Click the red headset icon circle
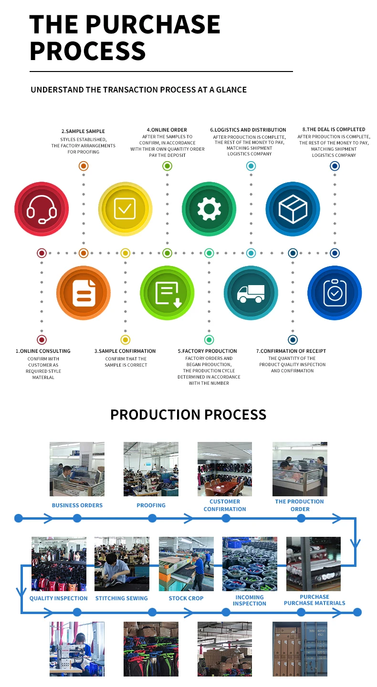click(x=42, y=209)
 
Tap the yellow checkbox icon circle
click(x=125, y=209)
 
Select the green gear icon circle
click(x=209, y=209)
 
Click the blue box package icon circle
click(x=293, y=209)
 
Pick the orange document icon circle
click(x=84, y=293)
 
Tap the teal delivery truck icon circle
click(x=251, y=293)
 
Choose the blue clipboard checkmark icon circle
click(x=335, y=293)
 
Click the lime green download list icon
click(x=168, y=293)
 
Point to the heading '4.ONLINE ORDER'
click(x=167, y=130)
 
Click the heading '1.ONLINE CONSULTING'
click(x=43, y=351)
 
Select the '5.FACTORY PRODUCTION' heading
click(x=208, y=351)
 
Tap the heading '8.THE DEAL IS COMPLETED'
click(x=334, y=129)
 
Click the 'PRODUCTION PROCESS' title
click(x=188, y=415)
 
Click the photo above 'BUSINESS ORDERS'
click(x=77, y=469)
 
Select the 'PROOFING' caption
click(x=151, y=505)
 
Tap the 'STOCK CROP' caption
click(x=186, y=598)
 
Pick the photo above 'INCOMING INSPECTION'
click(x=250, y=564)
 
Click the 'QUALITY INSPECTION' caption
click(x=59, y=598)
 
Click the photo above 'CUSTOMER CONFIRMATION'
click(x=225, y=469)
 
